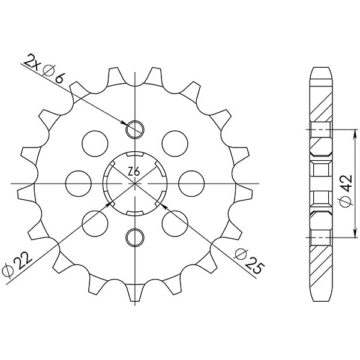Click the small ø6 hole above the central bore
click(134, 128)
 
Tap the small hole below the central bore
click(134, 236)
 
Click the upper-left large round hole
click(93, 142)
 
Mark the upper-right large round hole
click(174, 142)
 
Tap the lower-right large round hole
click(175, 222)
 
